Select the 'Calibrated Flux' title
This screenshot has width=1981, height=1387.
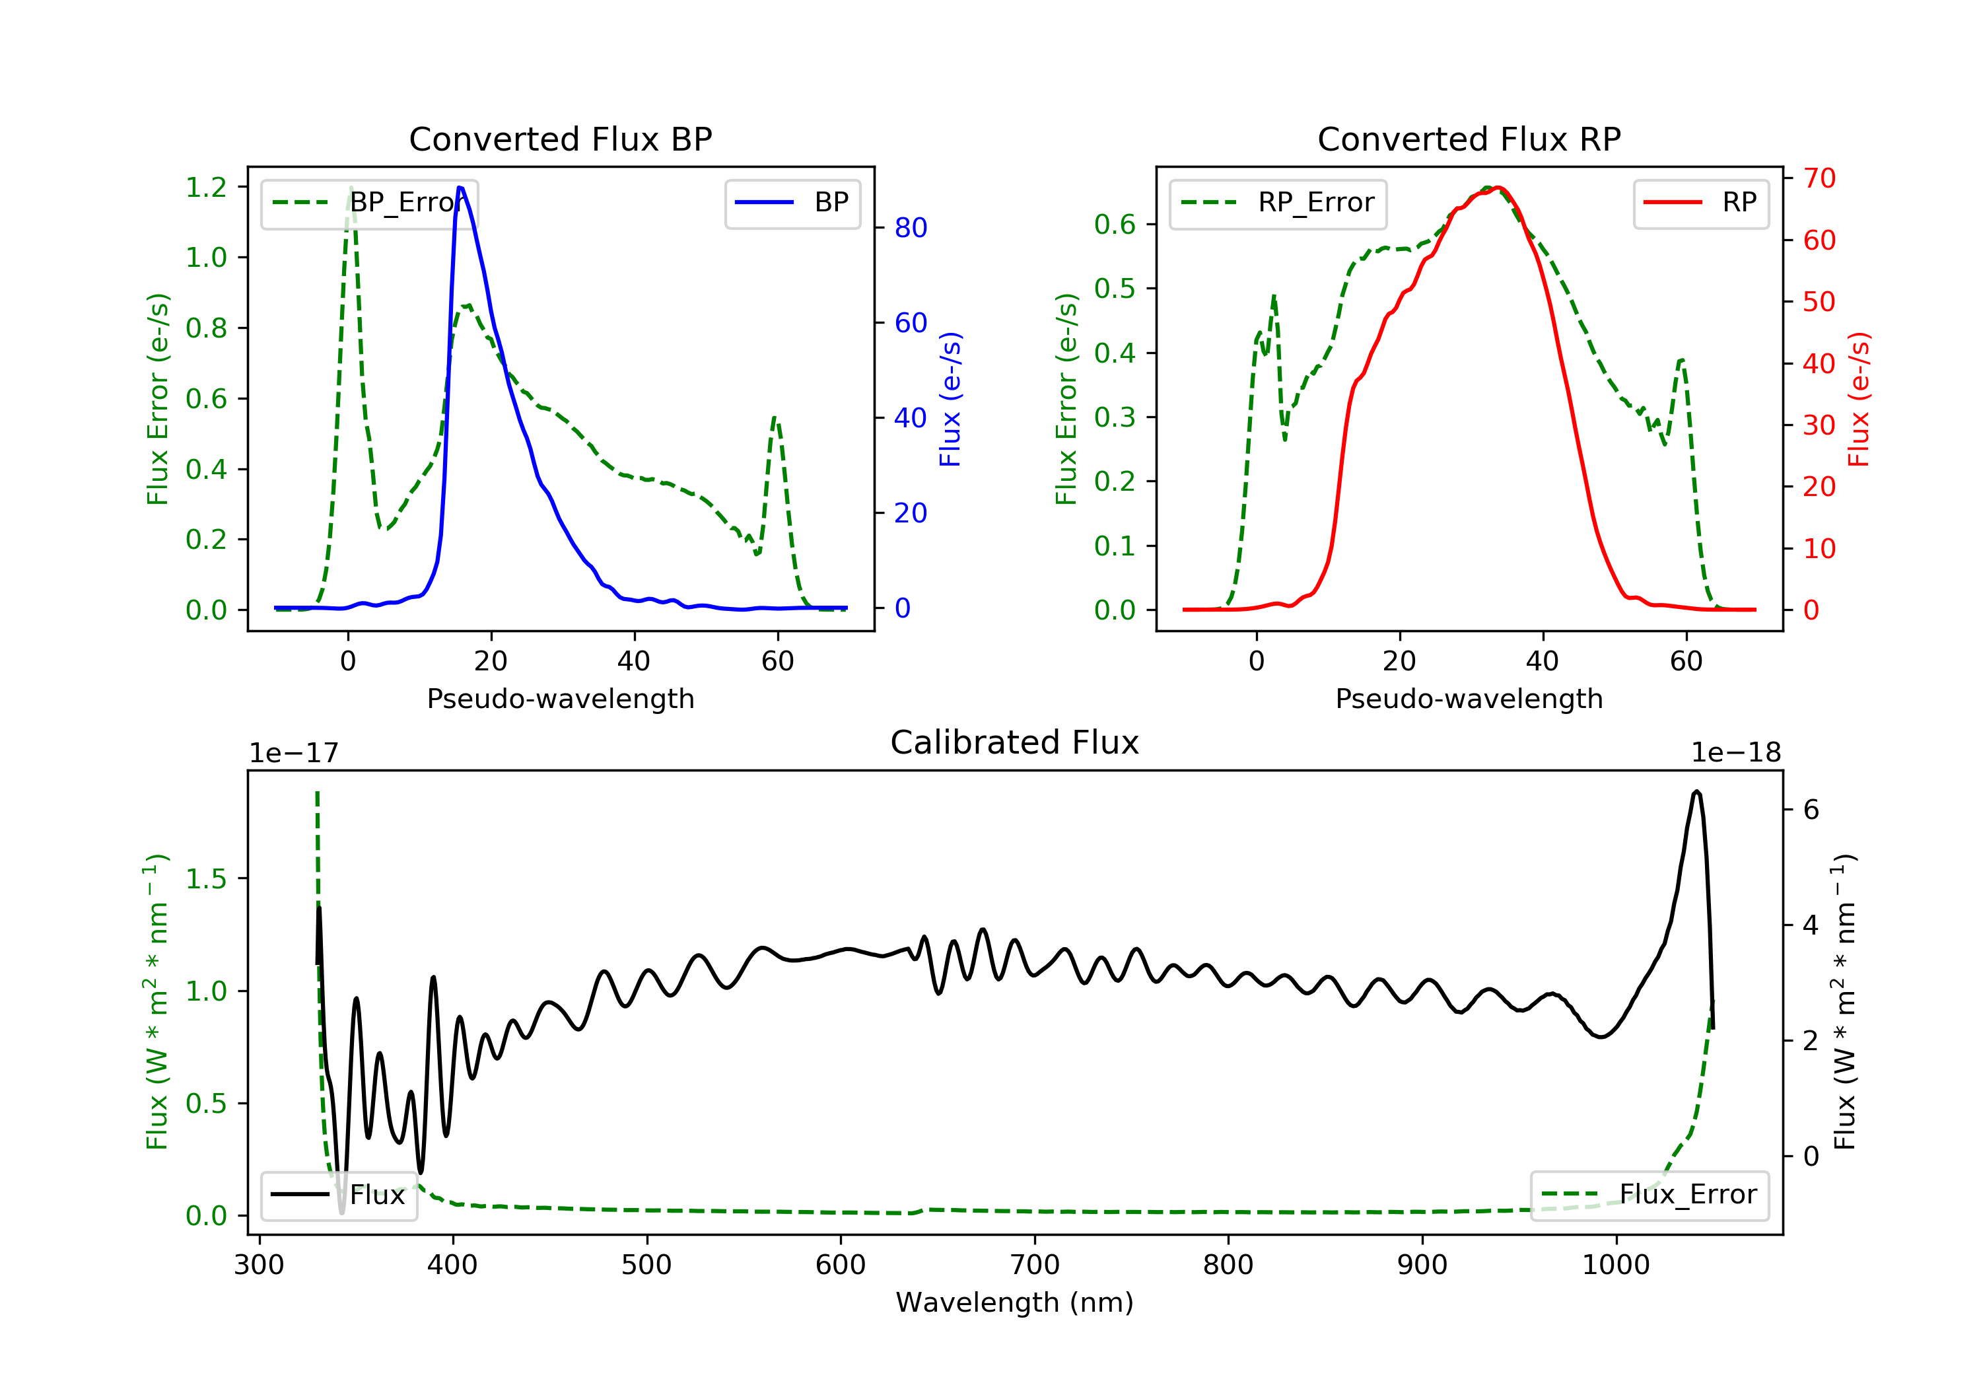pos(1015,743)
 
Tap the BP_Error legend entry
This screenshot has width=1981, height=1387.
pos(369,203)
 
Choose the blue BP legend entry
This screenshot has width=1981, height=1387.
pos(792,203)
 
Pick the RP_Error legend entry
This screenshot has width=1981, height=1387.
pos(1278,203)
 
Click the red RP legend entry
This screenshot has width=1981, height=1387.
pos(1700,203)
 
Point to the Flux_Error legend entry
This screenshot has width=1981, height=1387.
pos(1649,1195)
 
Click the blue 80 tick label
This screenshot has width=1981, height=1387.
pos(911,228)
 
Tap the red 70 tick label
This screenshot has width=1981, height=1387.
pos(1820,179)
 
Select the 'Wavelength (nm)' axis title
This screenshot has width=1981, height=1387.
pos(1015,1302)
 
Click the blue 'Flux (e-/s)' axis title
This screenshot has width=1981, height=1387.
pos(951,400)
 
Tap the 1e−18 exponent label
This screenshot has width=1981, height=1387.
pos(1736,754)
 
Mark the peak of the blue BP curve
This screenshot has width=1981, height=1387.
pos(460,188)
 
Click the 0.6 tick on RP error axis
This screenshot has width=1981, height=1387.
pos(1115,225)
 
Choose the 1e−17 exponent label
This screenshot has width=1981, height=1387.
pos(295,754)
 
